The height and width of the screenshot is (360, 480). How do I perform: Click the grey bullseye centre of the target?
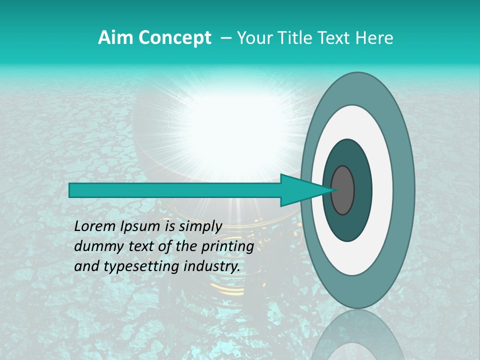click(342, 190)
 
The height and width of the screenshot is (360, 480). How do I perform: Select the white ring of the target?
click(382, 190)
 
